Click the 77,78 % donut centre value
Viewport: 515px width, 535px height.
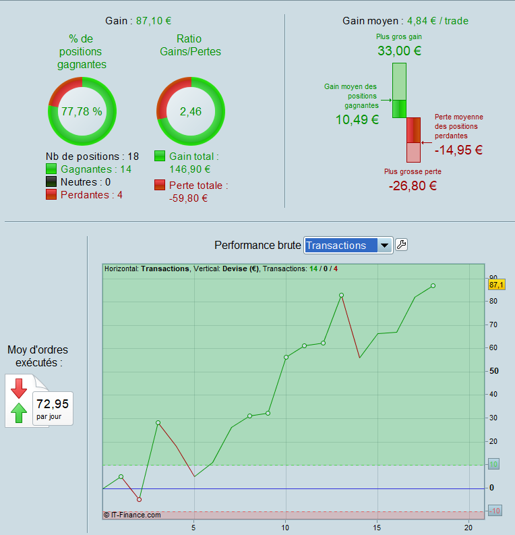[x=82, y=111]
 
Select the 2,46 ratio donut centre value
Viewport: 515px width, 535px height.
[x=190, y=111]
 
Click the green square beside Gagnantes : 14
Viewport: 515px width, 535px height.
[x=52, y=169]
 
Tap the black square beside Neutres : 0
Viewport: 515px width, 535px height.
[x=52, y=182]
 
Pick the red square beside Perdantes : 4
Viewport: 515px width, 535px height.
[x=52, y=195]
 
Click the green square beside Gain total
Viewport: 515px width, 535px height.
[x=160, y=157]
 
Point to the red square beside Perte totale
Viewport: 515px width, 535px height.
[x=160, y=185]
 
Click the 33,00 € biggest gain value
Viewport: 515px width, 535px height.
[x=399, y=51]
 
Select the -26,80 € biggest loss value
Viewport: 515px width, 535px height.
[x=413, y=186]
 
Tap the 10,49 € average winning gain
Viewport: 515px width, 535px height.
[x=357, y=120]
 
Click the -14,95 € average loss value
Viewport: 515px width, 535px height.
[x=458, y=150]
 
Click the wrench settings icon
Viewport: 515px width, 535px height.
[x=401, y=245]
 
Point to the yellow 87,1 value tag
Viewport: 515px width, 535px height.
[x=497, y=285]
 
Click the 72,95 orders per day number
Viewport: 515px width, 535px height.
[x=53, y=404]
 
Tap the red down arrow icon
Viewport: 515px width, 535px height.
[x=18, y=388]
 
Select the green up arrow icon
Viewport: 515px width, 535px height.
[x=18, y=411]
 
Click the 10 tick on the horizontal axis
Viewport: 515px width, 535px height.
[x=285, y=526]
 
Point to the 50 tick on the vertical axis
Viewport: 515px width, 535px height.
[x=493, y=371]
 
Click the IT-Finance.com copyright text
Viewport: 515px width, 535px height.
[x=132, y=515]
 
